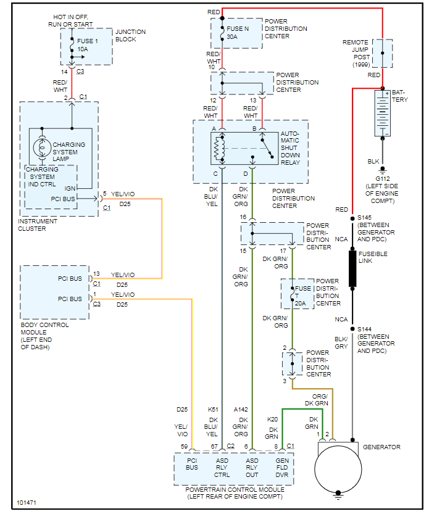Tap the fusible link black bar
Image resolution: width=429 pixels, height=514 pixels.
point(352,268)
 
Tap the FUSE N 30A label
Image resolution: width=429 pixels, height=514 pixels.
point(238,32)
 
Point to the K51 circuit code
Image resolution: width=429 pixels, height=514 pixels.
point(214,409)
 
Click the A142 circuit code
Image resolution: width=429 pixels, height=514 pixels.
point(241,409)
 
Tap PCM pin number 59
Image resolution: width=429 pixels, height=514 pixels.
point(184,446)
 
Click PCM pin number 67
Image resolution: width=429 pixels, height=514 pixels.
point(214,446)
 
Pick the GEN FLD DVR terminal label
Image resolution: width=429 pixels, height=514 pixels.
point(281,467)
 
